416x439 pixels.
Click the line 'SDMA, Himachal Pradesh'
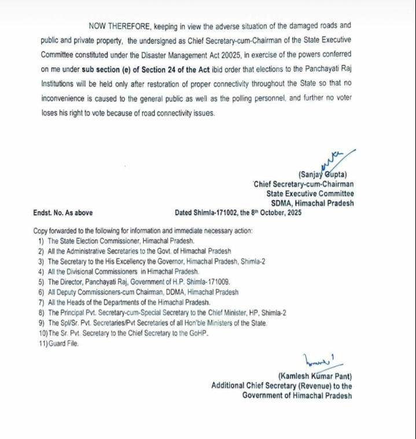point(312,203)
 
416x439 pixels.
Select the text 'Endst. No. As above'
point(62,213)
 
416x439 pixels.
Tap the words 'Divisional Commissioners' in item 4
point(118,271)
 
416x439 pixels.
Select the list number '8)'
point(41,313)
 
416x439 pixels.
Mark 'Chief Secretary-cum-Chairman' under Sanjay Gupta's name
point(305,184)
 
